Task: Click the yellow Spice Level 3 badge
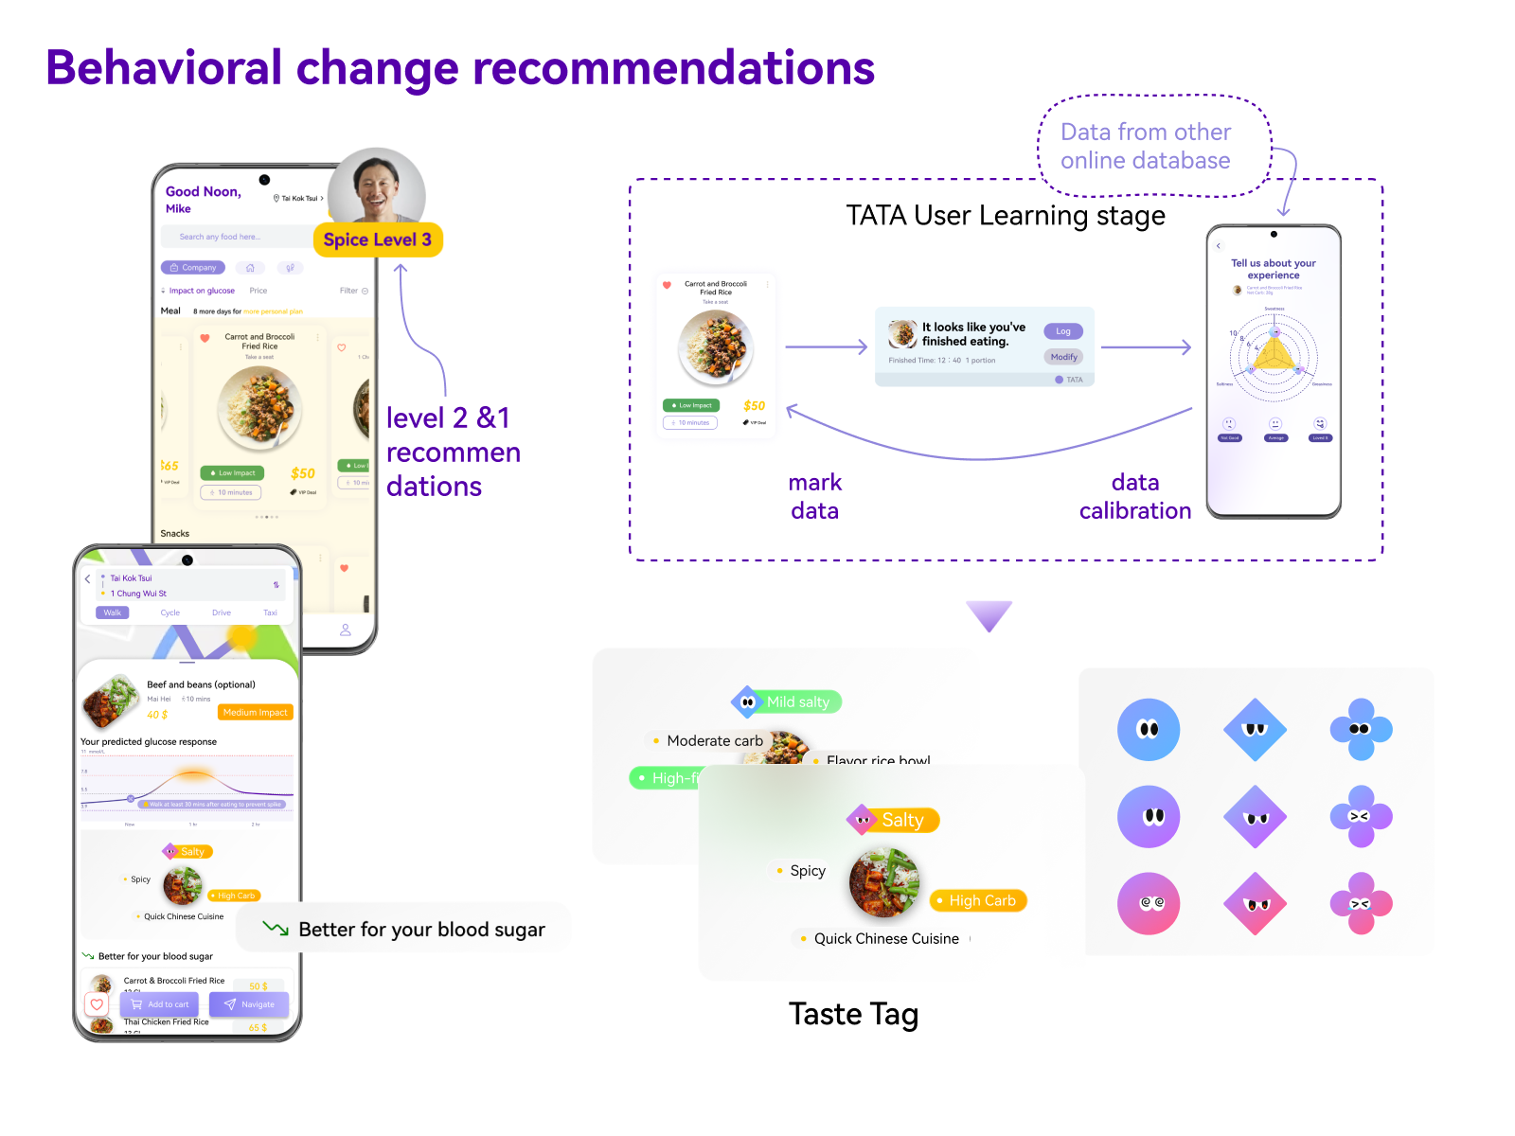click(x=378, y=240)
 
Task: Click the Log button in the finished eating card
click(x=1063, y=331)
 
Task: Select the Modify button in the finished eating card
click(x=1063, y=357)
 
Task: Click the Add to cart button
click(x=159, y=1004)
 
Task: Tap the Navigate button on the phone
click(x=250, y=1004)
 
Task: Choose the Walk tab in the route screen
click(x=113, y=612)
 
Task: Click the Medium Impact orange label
click(x=255, y=712)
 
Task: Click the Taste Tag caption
click(x=853, y=1014)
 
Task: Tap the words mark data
click(x=814, y=496)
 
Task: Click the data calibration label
click(x=1135, y=496)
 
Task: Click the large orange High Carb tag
click(x=980, y=900)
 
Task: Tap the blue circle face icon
click(x=1149, y=730)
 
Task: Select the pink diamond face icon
click(x=1255, y=904)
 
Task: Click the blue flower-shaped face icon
click(x=1361, y=730)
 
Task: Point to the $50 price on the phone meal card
click(x=303, y=473)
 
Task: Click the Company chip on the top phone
click(x=193, y=268)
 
